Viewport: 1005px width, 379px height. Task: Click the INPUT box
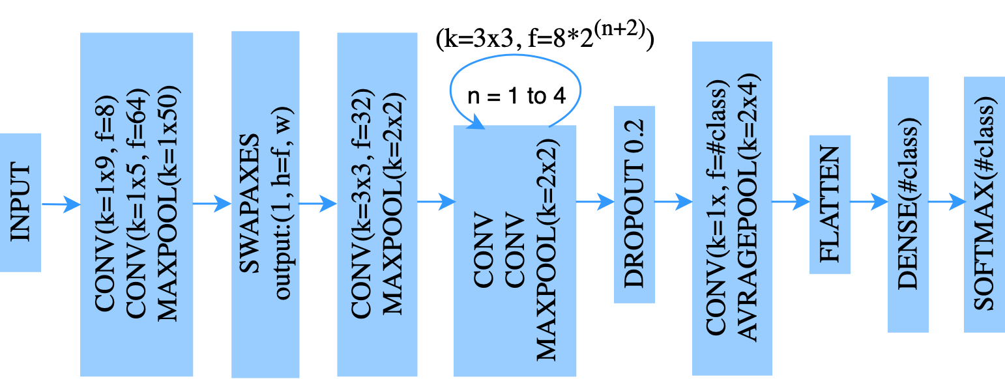point(20,203)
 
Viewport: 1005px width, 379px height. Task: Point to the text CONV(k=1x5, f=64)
point(136,204)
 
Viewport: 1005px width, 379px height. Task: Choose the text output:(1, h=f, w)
point(283,204)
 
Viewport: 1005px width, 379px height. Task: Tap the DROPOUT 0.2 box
point(634,204)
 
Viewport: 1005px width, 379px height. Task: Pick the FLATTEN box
point(830,204)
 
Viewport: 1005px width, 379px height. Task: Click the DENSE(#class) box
point(908,204)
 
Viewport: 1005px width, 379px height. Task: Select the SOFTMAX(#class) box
point(984,204)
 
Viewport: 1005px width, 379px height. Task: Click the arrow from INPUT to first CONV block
point(61,204)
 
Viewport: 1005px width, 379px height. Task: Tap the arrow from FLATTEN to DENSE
point(869,203)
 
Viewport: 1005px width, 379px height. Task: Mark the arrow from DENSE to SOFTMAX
point(946,203)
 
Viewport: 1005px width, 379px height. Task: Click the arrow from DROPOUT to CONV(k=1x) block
point(673,202)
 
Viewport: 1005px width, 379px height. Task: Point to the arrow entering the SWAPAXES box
point(212,204)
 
